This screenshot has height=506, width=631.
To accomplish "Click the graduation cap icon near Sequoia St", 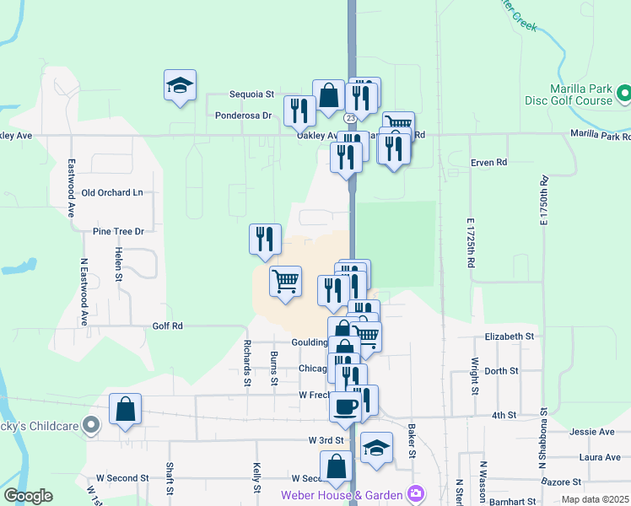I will [x=181, y=84].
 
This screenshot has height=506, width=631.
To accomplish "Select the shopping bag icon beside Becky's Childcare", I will [x=125, y=410].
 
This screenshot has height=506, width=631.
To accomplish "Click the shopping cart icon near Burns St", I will [x=286, y=282].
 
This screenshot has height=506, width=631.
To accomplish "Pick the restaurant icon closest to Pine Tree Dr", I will [x=265, y=239].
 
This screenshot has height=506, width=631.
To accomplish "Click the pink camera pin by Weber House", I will [x=414, y=493].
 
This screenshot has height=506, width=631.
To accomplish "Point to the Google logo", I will [x=29, y=496].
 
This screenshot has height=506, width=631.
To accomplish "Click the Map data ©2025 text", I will [x=595, y=499].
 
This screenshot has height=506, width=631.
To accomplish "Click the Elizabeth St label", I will [x=510, y=336].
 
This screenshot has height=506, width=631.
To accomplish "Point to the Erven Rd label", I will [x=489, y=162].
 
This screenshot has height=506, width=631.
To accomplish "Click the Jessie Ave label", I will [x=591, y=432].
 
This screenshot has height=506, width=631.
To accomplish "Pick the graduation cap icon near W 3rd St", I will [x=376, y=448].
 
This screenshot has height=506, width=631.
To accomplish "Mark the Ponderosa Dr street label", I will [x=243, y=116].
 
